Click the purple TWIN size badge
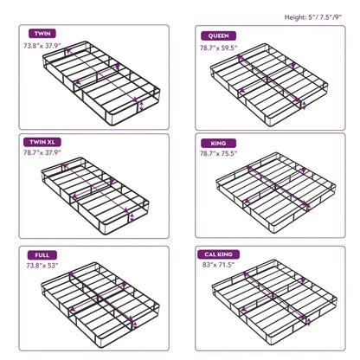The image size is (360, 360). click(x=42, y=34)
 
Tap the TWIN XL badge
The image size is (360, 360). click(x=42, y=142)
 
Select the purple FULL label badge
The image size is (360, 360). click(x=42, y=255)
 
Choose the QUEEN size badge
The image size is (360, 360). click(x=219, y=35)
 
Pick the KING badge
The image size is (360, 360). click(x=219, y=144)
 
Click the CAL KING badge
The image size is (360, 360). click(x=219, y=254)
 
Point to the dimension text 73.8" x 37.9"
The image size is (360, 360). click(x=42, y=46)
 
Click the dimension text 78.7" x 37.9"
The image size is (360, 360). click(x=42, y=152)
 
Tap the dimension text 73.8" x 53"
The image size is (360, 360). click(x=42, y=266)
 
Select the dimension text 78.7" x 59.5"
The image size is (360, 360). click(x=219, y=48)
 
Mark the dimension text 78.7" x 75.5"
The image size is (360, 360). click(x=219, y=153)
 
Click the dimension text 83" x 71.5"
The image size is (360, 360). click(x=219, y=265)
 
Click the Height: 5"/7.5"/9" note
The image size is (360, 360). click(x=313, y=17)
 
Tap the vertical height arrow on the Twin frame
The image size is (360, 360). click(x=141, y=106)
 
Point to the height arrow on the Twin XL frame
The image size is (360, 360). click(x=132, y=217)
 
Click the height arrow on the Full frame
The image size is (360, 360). click(x=135, y=325)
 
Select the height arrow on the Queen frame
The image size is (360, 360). click(x=304, y=106)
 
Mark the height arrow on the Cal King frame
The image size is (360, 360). click(x=309, y=322)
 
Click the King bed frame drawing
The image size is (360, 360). click(x=276, y=193)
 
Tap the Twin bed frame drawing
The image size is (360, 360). click(x=101, y=83)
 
